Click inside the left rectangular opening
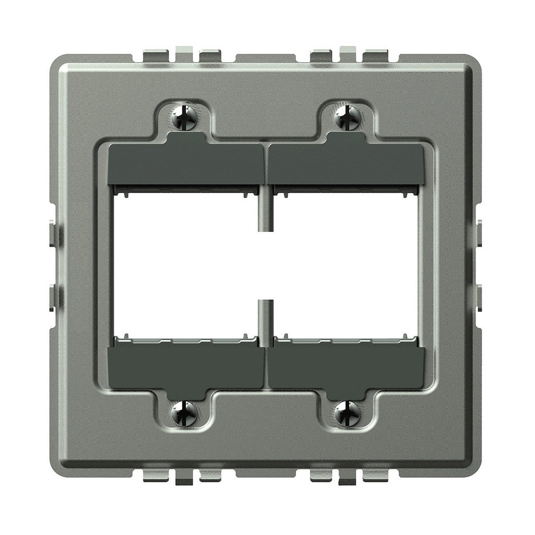[x=185, y=264]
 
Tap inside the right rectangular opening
[x=346, y=264]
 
